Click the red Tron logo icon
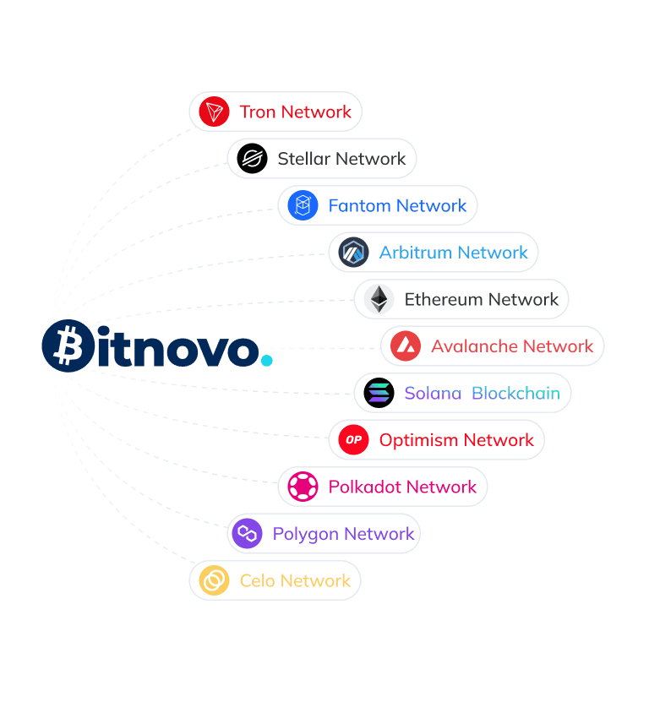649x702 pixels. pyautogui.click(x=215, y=112)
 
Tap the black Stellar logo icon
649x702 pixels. pyautogui.click(x=252, y=159)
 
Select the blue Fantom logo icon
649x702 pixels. pyautogui.click(x=303, y=205)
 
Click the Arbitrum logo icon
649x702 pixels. pyautogui.click(x=353, y=253)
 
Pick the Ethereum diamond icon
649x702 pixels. pyautogui.click(x=379, y=299)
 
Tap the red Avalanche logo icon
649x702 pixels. pyautogui.click(x=406, y=346)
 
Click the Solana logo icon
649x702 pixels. pyautogui.click(x=379, y=393)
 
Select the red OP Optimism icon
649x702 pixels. pyautogui.click(x=353, y=440)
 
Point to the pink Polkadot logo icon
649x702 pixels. pyautogui.click(x=303, y=487)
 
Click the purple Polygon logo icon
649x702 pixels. pyautogui.click(x=247, y=534)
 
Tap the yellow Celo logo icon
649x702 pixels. pyautogui.click(x=214, y=580)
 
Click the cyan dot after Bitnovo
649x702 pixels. pyautogui.click(x=266, y=361)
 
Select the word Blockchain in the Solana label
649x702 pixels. pyautogui.click(x=515, y=393)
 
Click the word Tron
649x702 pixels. pyautogui.click(x=257, y=112)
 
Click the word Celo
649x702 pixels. pyautogui.click(x=257, y=580)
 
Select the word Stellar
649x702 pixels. pyautogui.click(x=304, y=159)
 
